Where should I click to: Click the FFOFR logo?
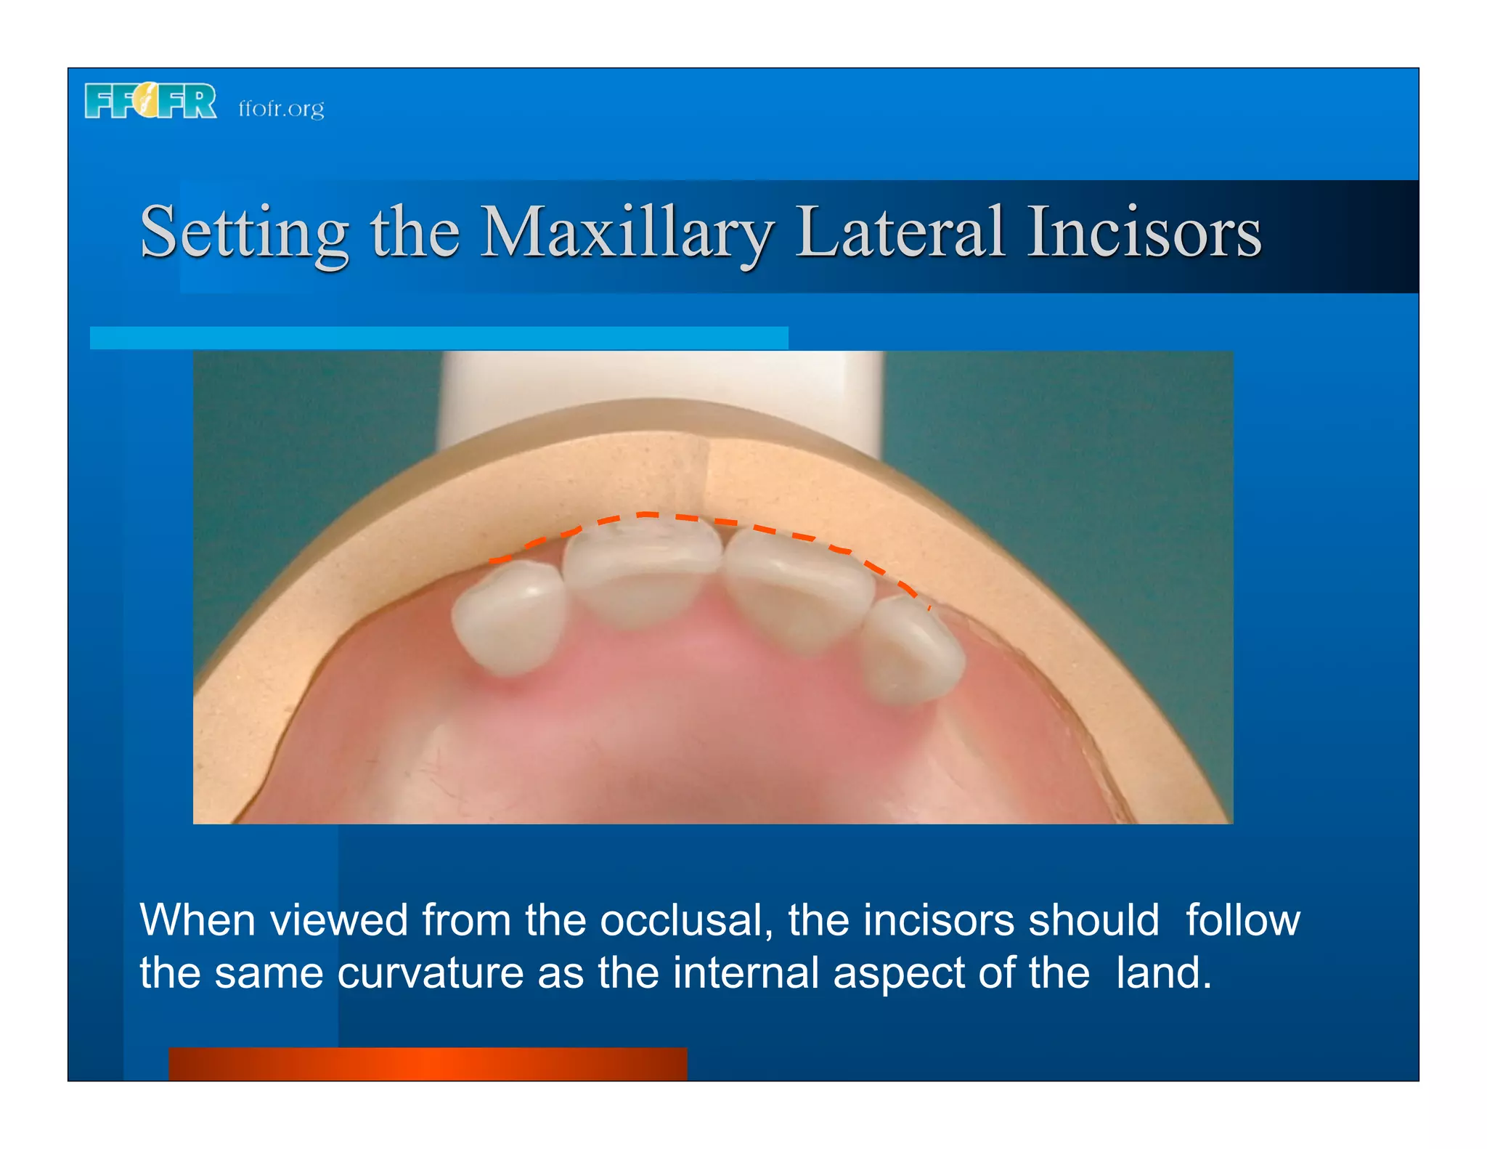150,101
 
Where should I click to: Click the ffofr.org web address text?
281,108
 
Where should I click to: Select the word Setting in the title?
244,232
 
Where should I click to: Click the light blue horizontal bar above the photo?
439,338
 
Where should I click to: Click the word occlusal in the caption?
685,920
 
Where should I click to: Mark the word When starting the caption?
197,920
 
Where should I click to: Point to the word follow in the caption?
1242,920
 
